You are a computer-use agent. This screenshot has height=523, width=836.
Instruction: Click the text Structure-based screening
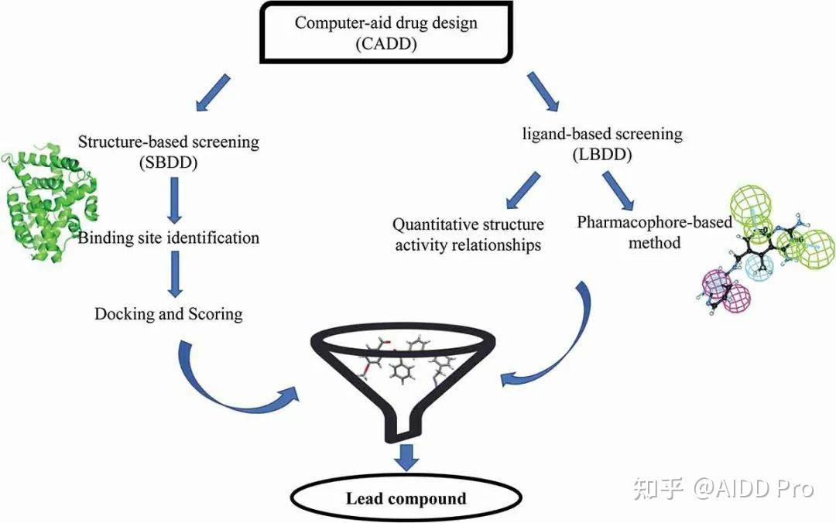[169, 142]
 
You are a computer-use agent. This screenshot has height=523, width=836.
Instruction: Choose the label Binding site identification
[169, 238]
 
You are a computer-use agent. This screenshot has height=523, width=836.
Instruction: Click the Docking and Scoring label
[169, 313]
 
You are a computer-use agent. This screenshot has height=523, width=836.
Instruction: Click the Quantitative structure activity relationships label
[468, 234]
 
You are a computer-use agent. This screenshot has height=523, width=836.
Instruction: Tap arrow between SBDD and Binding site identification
[175, 200]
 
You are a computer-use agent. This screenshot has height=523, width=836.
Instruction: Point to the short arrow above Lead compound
[406, 456]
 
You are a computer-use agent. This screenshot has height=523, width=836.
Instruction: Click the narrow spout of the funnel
[406, 427]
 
